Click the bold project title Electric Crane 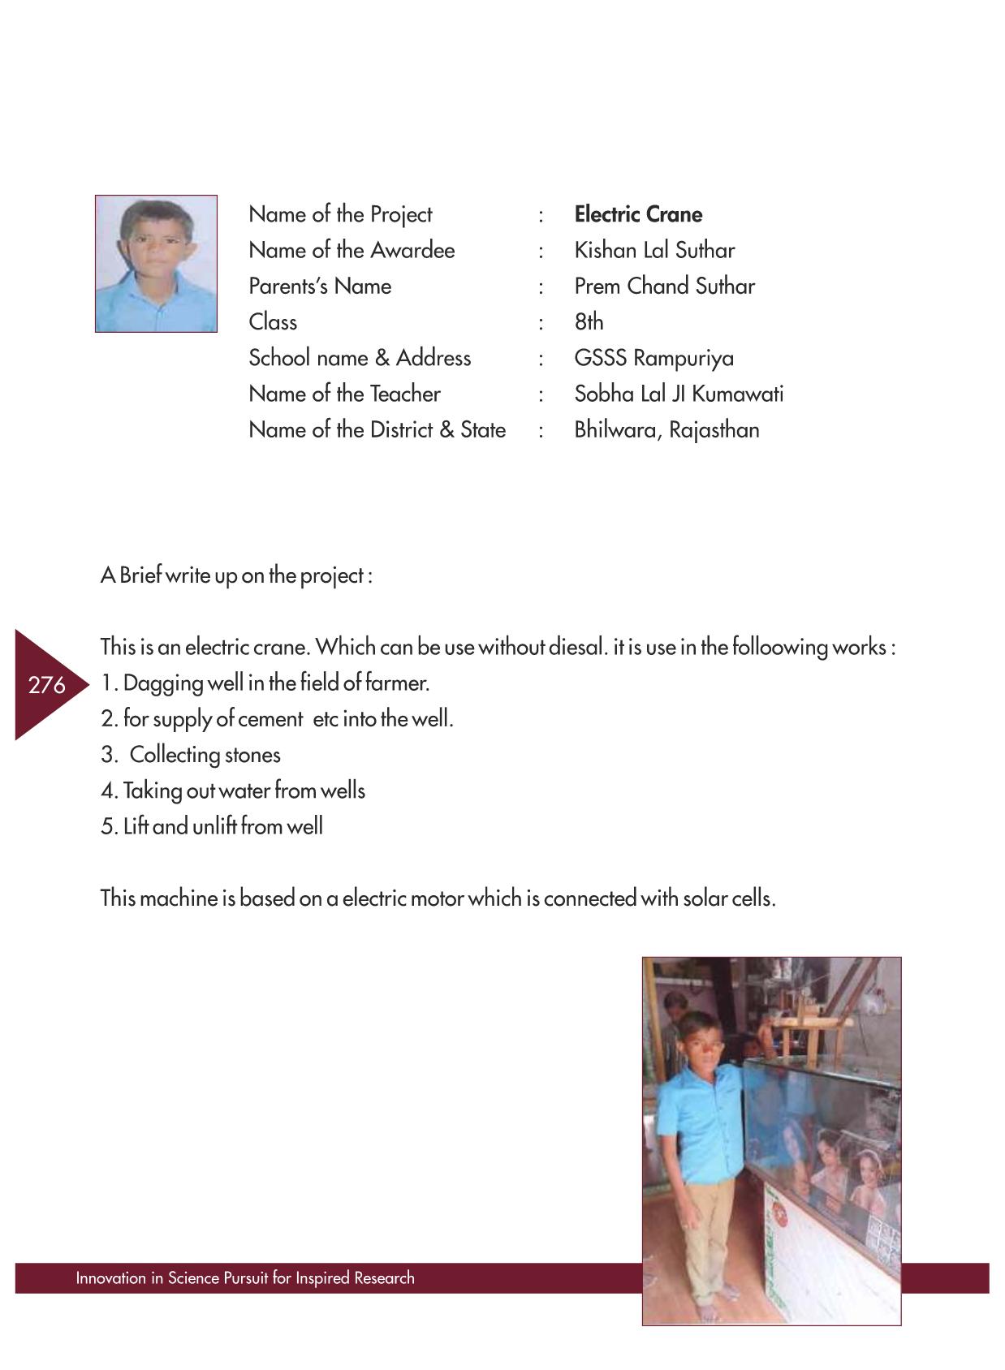(x=638, y=214)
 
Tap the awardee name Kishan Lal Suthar (x=654, y=250)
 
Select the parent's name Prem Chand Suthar (x=664, y=286)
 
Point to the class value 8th (x=589, y=322)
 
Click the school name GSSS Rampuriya (x=653, y=358)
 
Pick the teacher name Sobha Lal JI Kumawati (x=679, y=394)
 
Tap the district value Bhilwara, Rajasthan (x=666, y=429)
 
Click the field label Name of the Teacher (x=344, y=394)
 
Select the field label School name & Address (x=360, y=358)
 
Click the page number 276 (x=46, y=685)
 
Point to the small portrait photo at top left (x=156, y=264)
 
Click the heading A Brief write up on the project (x=236, y=575)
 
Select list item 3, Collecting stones (x=191, y=755)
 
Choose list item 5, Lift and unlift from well (x=212, y=826)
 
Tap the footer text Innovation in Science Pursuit (x=244, y=1277)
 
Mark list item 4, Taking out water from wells (x=233, y=791)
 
